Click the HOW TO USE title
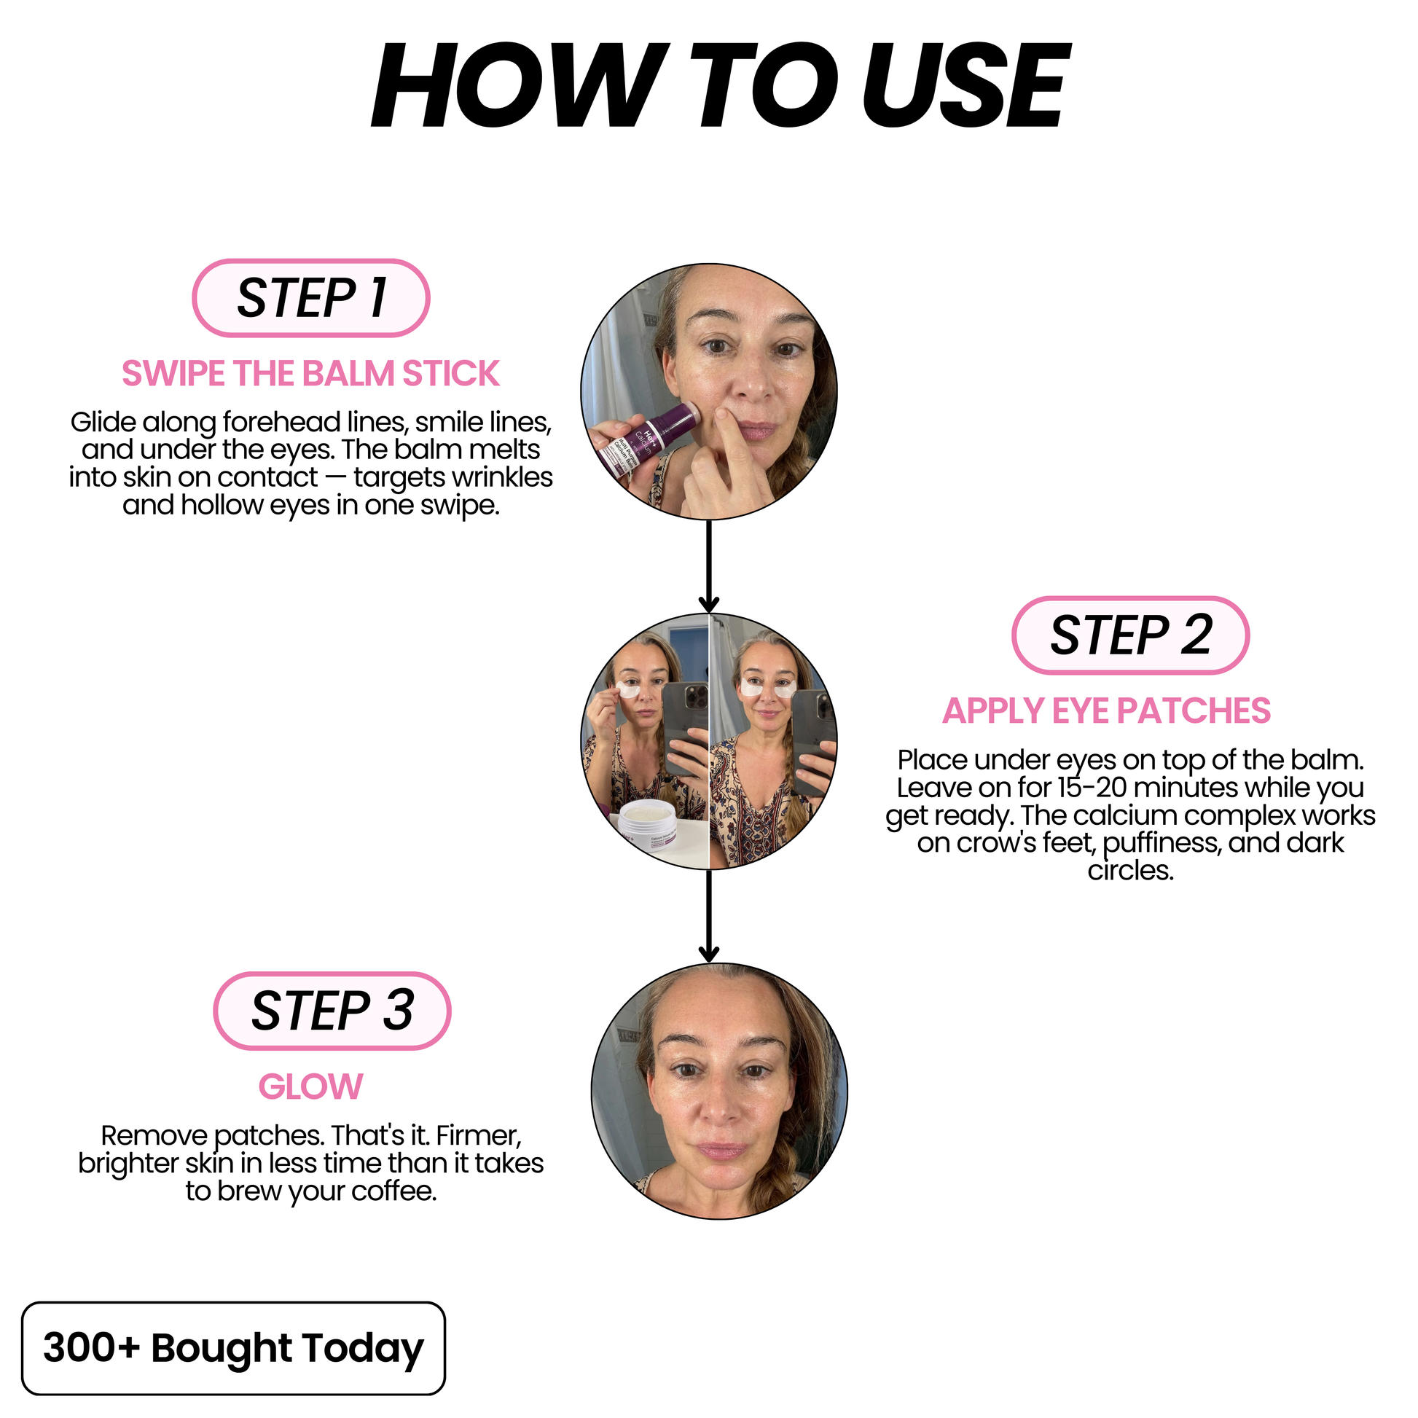(720, 86)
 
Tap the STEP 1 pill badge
(311, 298)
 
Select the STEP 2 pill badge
(1130, 635)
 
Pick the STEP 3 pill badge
(332, 1011)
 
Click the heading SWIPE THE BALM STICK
(310, 374)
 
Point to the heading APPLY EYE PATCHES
(1107, 710)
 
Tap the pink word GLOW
(310, 1087)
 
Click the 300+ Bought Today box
(233, 1348)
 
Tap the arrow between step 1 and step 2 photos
(709, 566)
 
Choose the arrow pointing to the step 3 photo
(709, 916)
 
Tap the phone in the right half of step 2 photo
(812, 741)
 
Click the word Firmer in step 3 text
(479, 1135)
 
